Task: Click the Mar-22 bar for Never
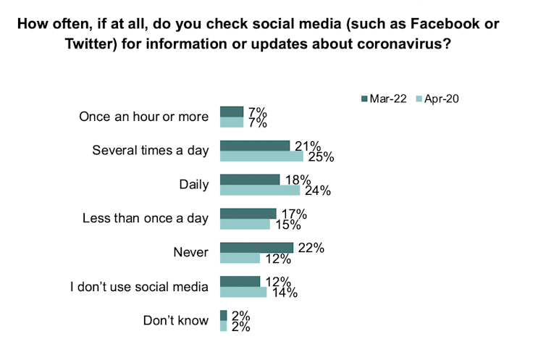point(256,248)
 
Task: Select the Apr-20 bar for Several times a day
point(261,156)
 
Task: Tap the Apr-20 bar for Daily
point(259,191)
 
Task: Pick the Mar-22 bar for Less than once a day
point(248,213)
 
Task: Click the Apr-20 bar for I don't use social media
point(243,292)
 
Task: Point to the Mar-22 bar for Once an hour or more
point(232,112)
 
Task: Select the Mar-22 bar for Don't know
point(223,315)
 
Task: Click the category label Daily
point(194,185)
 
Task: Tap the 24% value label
point(316,191)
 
